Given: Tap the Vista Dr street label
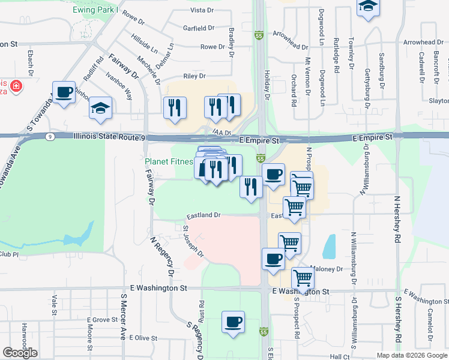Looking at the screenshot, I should point(202,11).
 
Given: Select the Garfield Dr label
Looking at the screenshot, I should point(199,28).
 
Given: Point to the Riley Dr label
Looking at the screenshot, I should point(194,76).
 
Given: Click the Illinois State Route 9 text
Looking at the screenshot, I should point(109,137).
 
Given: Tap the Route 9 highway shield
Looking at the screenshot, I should point(49,137).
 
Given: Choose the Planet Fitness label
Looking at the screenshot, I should point(169,161).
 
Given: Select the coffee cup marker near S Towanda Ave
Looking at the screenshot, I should point(64,92).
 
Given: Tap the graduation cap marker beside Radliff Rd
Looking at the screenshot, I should point(100,108).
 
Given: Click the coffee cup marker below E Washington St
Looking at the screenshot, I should point(233,321).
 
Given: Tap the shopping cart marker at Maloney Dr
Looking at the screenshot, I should point(303,278).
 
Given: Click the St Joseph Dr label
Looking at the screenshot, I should point(194,242).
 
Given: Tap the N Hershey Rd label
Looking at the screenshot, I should point(397,218).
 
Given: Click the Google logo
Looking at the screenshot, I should point(20,353).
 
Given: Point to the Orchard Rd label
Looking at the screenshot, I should point(294,91).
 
